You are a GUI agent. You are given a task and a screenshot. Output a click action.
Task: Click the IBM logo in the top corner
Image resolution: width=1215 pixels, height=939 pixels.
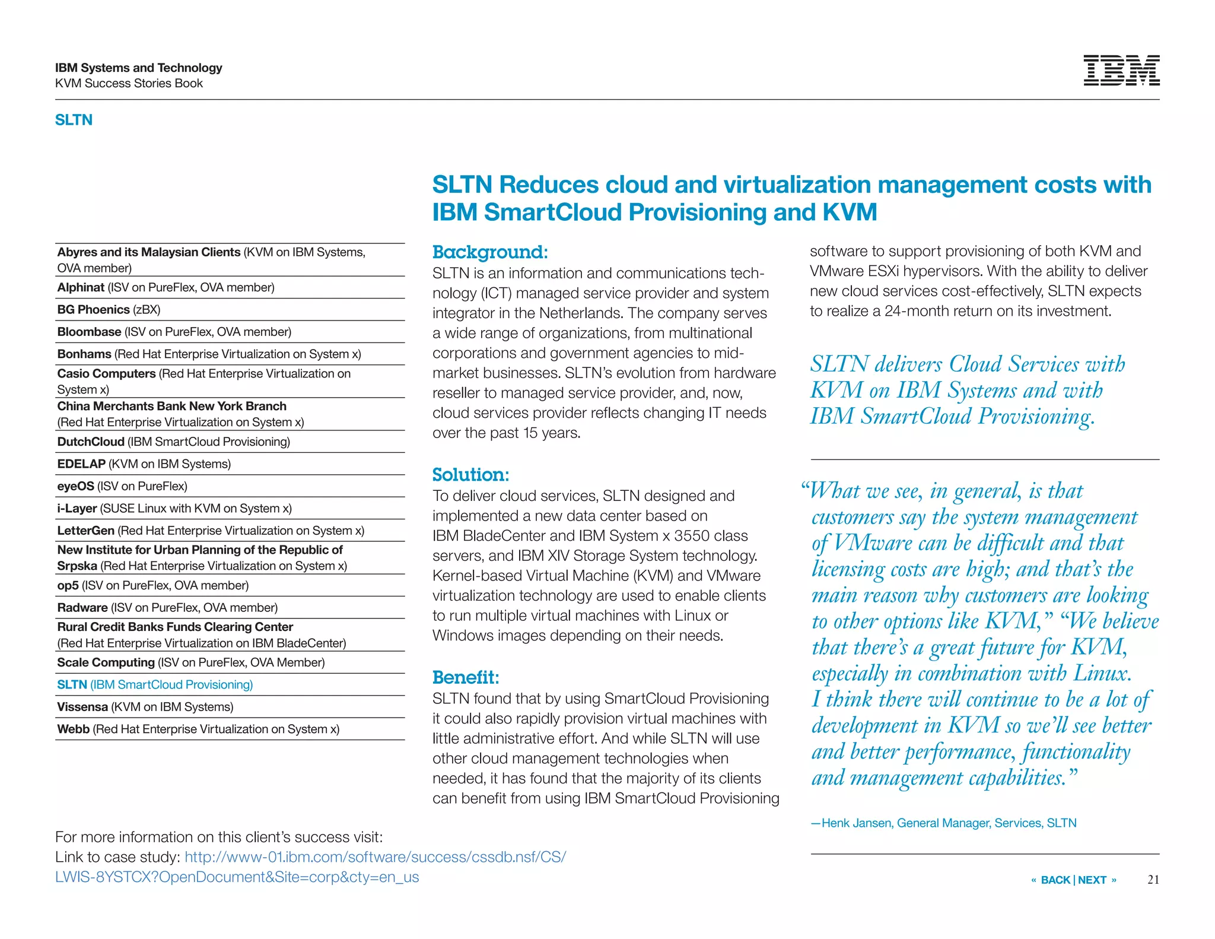1121,71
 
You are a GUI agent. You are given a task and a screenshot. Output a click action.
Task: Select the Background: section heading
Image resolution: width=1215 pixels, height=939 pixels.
490,252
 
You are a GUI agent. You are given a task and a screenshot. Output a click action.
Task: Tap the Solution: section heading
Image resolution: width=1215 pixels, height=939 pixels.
470,475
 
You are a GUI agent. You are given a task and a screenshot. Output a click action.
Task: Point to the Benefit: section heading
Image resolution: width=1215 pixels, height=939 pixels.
466,677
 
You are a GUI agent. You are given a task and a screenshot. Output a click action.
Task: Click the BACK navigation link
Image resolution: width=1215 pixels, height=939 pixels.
1055,880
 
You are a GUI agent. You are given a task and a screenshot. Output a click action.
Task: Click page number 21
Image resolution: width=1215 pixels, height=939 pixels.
1153,880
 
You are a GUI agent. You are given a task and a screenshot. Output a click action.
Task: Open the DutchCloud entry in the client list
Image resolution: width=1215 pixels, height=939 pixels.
173,442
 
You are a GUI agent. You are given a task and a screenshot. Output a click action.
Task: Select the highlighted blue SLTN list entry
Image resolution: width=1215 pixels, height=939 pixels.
155,684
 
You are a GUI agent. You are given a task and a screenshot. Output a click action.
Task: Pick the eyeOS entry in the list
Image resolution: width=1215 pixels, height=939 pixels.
122,486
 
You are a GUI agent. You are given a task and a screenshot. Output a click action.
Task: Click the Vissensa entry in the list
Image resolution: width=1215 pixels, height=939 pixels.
145,707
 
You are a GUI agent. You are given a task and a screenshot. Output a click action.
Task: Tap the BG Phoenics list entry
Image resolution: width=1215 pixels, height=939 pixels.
109,309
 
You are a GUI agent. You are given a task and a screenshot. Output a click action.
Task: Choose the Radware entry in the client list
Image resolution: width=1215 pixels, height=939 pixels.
167,607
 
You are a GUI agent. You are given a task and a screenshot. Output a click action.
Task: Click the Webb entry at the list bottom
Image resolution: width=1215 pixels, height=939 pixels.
198,729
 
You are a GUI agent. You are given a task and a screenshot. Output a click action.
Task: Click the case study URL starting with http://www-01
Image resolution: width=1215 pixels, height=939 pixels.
375,857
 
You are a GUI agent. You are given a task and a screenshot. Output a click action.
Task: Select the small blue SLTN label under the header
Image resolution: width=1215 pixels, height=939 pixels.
74,120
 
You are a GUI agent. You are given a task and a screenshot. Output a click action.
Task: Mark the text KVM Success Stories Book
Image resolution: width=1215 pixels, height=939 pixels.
129,83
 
